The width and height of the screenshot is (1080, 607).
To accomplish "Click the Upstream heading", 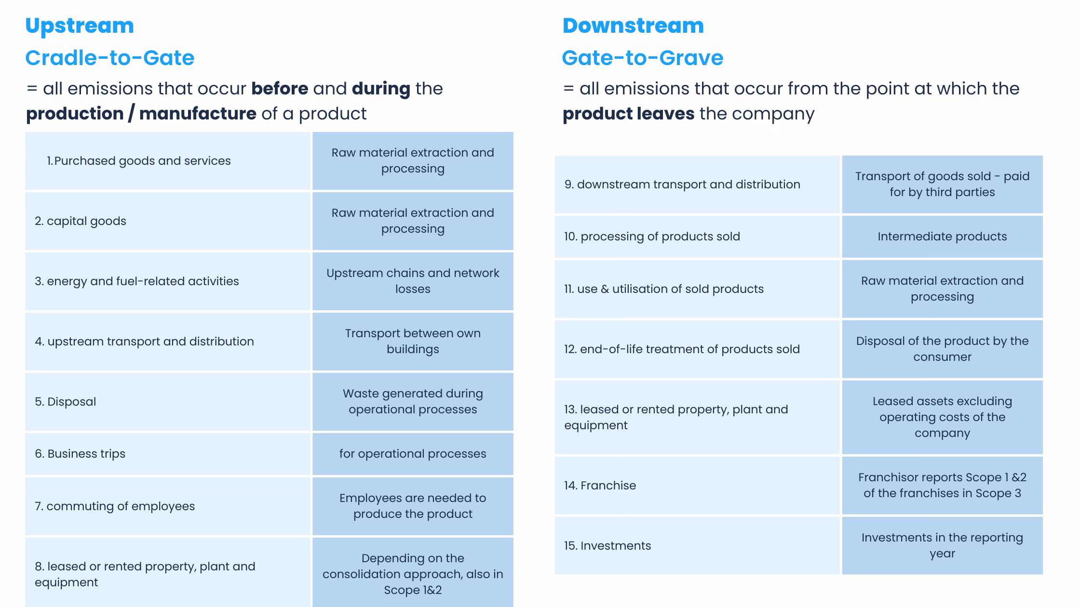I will click(x=80, y=26).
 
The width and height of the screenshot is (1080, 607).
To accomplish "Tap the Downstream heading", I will click(x=633, y=26).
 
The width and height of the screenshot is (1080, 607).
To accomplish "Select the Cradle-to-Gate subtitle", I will click(x=110, y=58).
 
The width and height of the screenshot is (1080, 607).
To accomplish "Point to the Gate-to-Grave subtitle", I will click(x=643, y=58).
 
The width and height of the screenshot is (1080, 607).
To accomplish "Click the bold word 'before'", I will click(x=280, y=89).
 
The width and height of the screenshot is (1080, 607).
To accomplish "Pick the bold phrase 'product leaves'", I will click(x=628, y=114).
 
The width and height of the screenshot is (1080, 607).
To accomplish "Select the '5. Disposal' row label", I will click(x=66, y=402).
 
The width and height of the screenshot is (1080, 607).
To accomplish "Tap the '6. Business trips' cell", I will click(x=80, y=454).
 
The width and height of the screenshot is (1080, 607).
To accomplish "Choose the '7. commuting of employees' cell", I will click(x=115, y=506).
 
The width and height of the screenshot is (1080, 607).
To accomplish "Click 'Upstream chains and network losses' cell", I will click(x=413, y=281).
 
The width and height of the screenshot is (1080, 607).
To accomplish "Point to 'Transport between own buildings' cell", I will click(x=413, y=341).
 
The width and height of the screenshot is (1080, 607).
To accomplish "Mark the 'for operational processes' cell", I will click(x=413, y=454).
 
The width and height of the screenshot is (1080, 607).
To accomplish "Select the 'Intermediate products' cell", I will click(x=942, y=237).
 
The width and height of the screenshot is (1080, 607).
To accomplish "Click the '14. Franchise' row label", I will click(x=600, y=486).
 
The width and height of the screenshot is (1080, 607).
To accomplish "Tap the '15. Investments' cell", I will click(x=607, y=546).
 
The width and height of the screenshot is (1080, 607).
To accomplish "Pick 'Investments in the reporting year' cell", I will click(x=942, y=545).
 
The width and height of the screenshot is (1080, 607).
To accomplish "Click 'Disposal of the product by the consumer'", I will click(x=942, y=349).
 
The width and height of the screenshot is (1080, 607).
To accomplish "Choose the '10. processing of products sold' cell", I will click(x=652, y=237).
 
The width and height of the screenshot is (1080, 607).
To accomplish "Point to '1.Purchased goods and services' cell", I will click(x=139, y=161).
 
